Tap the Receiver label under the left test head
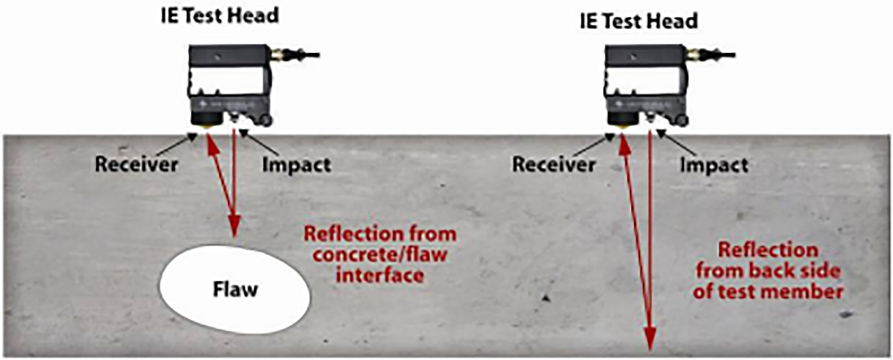point(137,164)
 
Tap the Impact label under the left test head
point(296,164)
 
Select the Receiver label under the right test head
point(554,164)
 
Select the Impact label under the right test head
point(714,164)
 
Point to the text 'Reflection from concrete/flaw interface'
point(380,254)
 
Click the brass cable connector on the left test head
point(279,55)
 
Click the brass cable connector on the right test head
point(695,55)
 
